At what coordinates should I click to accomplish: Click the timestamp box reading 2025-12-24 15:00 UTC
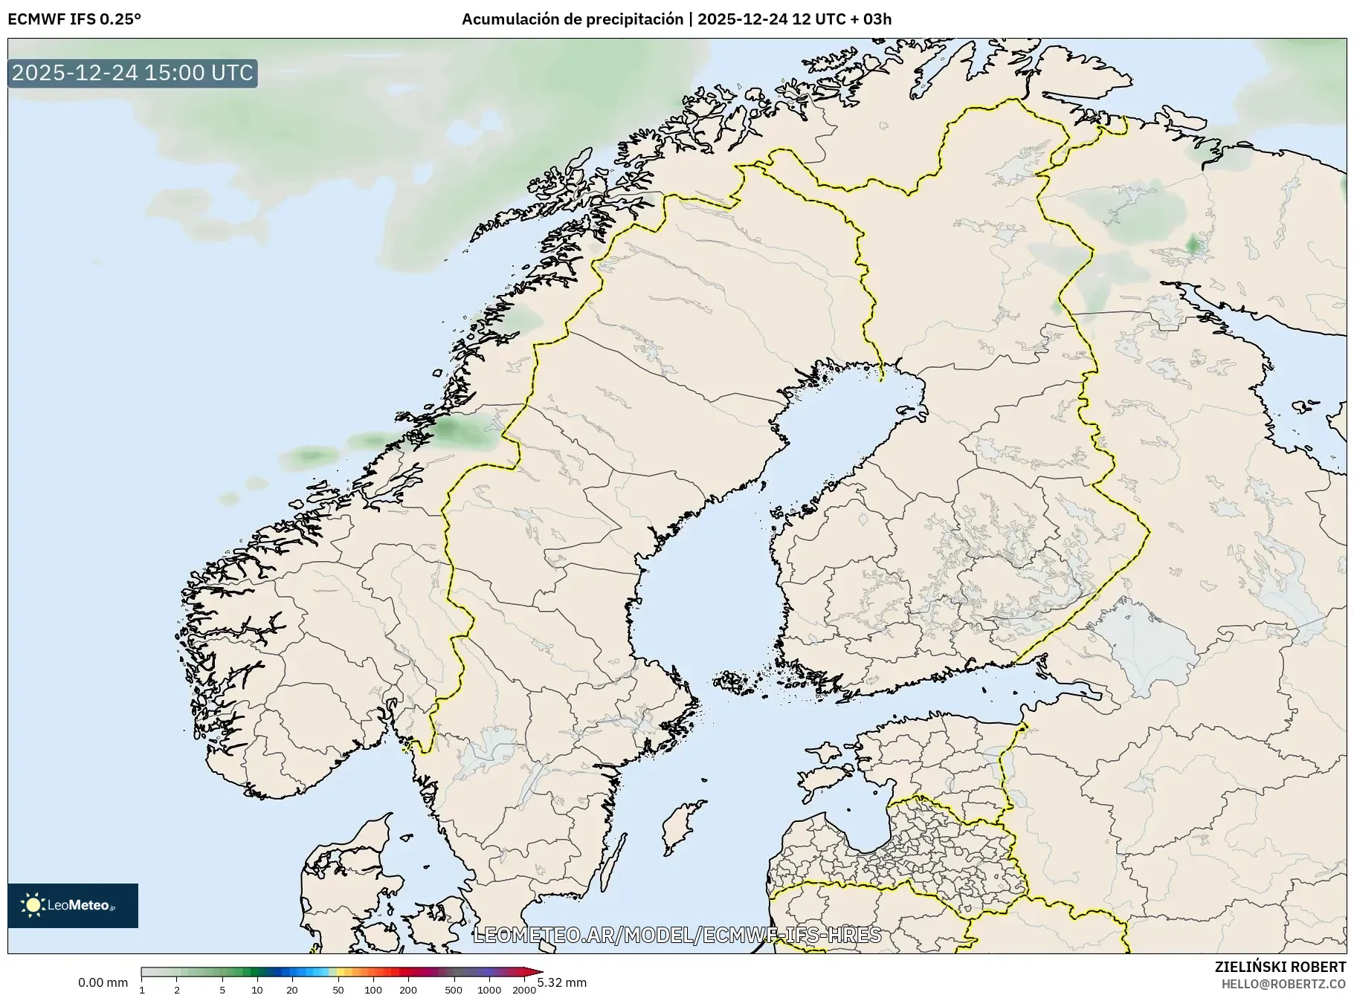(132, 73)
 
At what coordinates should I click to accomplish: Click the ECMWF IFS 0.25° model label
(74, 19)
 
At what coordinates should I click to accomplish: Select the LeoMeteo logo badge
(73, 905)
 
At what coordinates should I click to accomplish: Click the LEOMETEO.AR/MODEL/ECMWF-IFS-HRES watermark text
(677, 935)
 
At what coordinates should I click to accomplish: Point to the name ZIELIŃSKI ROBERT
(1280, 967)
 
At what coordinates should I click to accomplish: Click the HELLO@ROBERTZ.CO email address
(1283, 984)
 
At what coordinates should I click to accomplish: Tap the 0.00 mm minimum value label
(103, 982)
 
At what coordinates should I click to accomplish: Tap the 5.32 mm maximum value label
(562, 982)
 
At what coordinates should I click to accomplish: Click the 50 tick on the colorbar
(338, 989)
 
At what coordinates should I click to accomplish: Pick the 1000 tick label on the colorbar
(489, 989)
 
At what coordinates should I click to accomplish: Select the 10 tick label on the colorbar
(257, 989)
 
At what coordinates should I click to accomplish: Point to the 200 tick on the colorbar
(407, 989)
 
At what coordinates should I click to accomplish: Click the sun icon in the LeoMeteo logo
(33, 904)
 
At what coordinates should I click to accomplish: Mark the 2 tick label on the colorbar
(177, 989)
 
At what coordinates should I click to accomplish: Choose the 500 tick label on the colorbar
(453, 989)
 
